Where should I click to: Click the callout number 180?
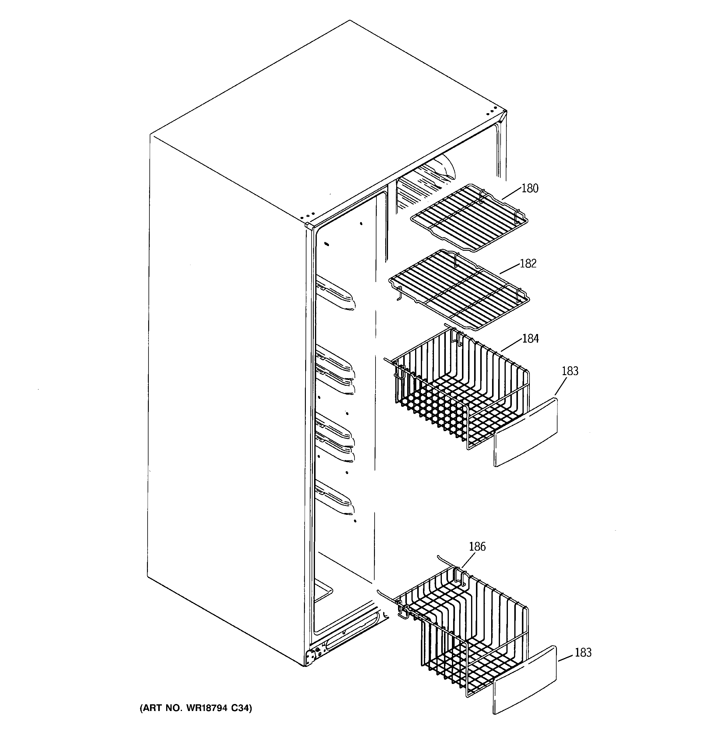[x=530, y=188]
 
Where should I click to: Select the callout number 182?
[x=528, y=263]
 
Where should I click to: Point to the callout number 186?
[x=477, y=546]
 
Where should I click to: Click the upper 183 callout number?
[x=570, y=371]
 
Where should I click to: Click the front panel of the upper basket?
[x=526, y=432]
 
